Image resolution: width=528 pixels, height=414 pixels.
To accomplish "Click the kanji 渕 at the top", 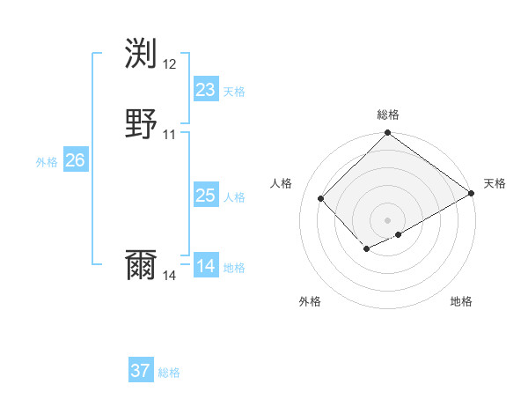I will click(142, 54).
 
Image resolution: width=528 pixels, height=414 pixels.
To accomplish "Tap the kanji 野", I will click(142, 124).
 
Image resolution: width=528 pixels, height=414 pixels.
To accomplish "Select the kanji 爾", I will click(142, 265).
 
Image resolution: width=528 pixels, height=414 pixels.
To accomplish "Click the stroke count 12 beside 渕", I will click(170, 64).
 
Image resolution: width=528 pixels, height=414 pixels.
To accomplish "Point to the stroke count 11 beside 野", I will click(170, 135).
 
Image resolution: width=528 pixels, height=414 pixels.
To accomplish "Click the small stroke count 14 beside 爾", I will click(170, 276).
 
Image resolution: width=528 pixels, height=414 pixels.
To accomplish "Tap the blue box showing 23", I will click(205, 90).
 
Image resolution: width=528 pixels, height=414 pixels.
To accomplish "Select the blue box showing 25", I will click(205, 196).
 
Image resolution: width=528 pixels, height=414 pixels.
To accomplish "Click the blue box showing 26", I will click(75, 160).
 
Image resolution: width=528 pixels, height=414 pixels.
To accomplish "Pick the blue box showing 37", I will click(141, 371).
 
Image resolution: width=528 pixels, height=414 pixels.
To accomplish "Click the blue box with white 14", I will click(205, 266).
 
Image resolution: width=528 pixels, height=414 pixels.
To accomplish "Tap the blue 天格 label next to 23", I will click(234, 92).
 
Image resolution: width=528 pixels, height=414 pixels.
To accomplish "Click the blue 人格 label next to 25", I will click(234, 197).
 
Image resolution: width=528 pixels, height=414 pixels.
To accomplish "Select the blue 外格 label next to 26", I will click(47, 162).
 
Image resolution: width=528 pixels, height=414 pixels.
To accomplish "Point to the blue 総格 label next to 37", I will click(169, 373).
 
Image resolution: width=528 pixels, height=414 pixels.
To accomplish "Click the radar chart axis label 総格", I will click(388, 115).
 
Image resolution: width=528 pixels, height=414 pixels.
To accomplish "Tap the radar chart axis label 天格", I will click(495, 183).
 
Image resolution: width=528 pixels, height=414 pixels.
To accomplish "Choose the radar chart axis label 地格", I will click(461, 301).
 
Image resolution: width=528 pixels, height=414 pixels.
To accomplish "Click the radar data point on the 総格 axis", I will click(388, 134).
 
